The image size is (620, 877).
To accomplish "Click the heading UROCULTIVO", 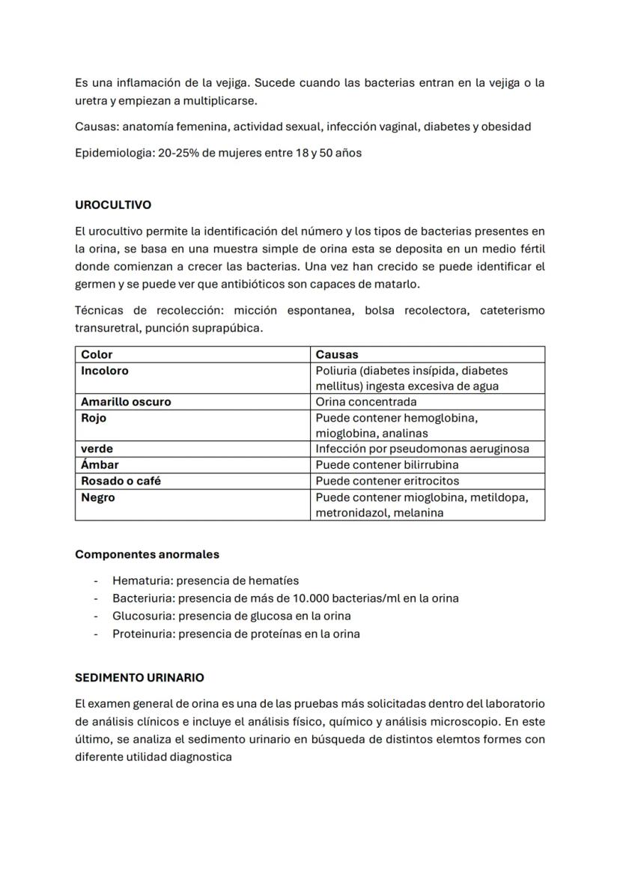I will (x=113, y=204).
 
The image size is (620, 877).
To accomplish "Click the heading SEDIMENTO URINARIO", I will (x=139, y=677).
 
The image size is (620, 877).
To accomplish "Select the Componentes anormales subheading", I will (x=147, y=554).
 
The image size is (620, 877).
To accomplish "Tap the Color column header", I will (x=97, y=354).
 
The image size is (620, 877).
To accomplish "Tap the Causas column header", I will (x=337, y=354).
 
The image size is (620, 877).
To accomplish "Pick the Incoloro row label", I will (x=105, y=371).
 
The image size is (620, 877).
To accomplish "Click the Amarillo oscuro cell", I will (x=126, y=401).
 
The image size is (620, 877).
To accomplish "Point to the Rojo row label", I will (x=94, y=418).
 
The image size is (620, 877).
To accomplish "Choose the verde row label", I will (x=97, y=449).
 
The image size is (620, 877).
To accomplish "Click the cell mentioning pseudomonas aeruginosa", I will (x=422, y=449).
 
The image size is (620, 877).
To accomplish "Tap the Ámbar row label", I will (x=100, y=464).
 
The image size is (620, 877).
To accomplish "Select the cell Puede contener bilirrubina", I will (x=387, y=464).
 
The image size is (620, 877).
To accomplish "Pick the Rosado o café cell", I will (x=121, y=481).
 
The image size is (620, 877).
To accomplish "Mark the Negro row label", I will (x=98, y=497).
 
